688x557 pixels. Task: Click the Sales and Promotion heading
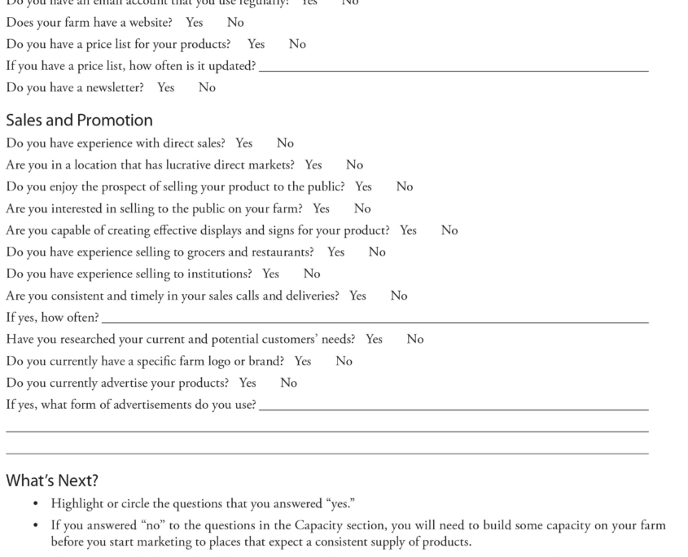click(x=79, y=121)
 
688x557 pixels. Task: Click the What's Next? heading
click(x=52, y=480)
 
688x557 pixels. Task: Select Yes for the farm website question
click(x=194, y=23)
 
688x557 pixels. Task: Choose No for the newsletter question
click(x=207, y=88)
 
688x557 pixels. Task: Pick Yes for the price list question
click(x=256, y=45)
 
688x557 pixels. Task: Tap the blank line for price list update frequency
click(x=453, y=67)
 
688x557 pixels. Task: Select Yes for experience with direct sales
click(x=243, y=143)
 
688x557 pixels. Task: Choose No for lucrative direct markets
click(x=354, y=165)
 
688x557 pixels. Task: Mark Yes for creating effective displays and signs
click(x=408, y=230)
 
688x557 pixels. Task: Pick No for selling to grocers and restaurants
click(x=377, y=252)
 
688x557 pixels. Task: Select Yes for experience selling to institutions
click(x=270, y=274)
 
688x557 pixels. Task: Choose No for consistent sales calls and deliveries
click(x=398, y=296)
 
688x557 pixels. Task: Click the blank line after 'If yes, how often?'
click(x=375, y=318)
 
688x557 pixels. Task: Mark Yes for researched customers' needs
click(x=374, y=340)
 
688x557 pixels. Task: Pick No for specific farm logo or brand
click(x=344, y=362)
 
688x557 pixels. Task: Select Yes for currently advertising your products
click(x=248, y=384)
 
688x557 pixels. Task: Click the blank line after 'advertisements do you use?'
click(x=453, y=406)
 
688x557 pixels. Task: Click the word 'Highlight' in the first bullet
click(x=77, y=504)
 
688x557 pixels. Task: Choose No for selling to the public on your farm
click(x=362, y=209)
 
